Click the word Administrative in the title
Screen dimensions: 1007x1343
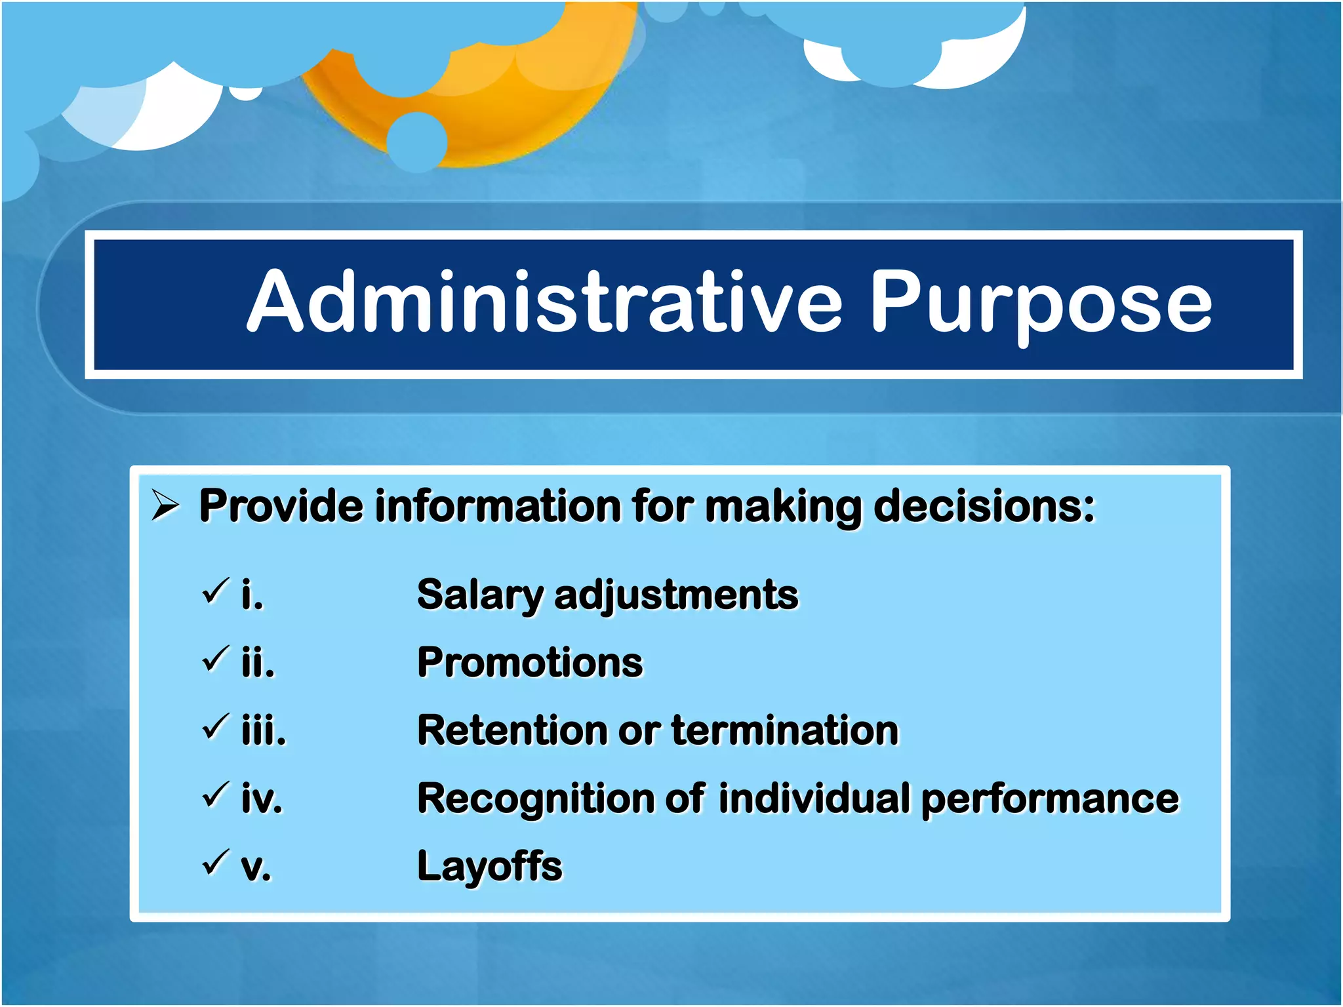pos(544,303)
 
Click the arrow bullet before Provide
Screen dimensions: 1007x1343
pos(165,505)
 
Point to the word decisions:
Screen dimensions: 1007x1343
pos(984,506)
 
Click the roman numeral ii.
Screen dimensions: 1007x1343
pos(258,662)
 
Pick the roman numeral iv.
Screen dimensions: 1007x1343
pos(262,799)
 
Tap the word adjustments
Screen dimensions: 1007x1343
pos(676,595)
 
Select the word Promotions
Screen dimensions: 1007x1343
pos(530,662)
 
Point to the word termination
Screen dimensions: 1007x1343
pos(784,730)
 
